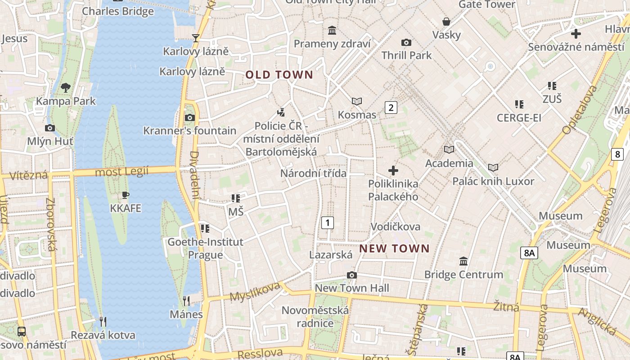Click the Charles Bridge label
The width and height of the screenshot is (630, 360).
click(118, 11)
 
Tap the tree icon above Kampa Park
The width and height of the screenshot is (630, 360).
click(66, 87)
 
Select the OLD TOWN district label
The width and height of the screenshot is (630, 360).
click(279, 75)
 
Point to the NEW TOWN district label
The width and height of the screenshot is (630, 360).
click(395, 248)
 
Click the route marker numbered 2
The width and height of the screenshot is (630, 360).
click(391, 108)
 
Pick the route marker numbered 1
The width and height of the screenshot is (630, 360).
click(328, 222)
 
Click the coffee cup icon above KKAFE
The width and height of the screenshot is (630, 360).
click(126, 195)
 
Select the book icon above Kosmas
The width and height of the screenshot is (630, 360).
click(357, 101)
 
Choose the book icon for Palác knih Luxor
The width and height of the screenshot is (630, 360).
click(493, 168)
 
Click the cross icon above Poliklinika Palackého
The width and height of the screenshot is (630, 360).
click(393, 171)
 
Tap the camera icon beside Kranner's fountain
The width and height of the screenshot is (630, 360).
click(190, 118)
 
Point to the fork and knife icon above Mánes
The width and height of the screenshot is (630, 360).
click(186, 301)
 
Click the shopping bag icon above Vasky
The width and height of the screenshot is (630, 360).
click(446, 22)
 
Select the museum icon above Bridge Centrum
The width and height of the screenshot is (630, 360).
click(463, 261)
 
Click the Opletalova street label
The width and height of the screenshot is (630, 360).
click(579, 110)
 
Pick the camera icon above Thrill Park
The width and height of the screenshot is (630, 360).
click(406, 43)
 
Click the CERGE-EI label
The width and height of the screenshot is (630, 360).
click(519, 118)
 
